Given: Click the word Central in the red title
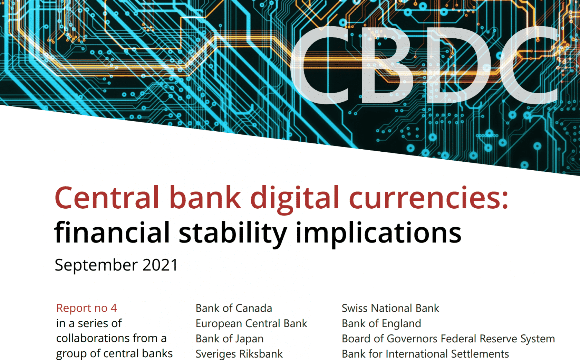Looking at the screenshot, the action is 107,198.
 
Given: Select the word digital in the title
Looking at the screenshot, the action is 294,200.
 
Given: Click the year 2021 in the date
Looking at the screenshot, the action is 160,265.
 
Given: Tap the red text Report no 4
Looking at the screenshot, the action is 86,308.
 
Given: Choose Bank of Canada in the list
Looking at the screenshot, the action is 234,308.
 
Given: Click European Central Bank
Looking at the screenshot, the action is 251,323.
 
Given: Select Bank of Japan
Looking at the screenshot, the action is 230,339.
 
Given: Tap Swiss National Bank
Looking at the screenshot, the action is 390,308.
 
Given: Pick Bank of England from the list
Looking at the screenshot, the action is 381,323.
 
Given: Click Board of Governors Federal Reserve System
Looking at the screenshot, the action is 448,339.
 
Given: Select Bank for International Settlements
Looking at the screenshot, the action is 425,354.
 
